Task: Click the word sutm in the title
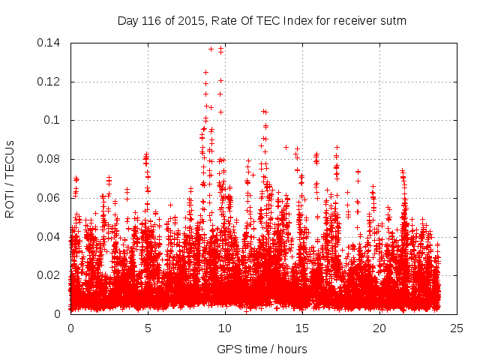tap(394, 21)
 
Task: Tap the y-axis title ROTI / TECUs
tap(10, 178)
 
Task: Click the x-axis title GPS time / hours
tap(262, 349)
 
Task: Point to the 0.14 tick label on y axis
tap(50, 43)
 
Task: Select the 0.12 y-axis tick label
tap(50, 82)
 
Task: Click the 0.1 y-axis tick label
tap(54, 120)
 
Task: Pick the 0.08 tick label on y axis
tap(50, 159)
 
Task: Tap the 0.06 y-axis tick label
tap(50, 198)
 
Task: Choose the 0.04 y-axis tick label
tap(50, 237)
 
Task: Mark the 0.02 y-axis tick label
tap(50, 275)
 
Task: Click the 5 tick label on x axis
tap(148, 328)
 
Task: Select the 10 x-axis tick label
tap(225, 328)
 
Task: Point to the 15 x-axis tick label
tap(302, 328)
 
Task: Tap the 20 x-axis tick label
tap(379, 328)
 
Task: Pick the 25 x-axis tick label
tap(457, 328)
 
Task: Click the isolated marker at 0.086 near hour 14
tap(286, 147)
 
